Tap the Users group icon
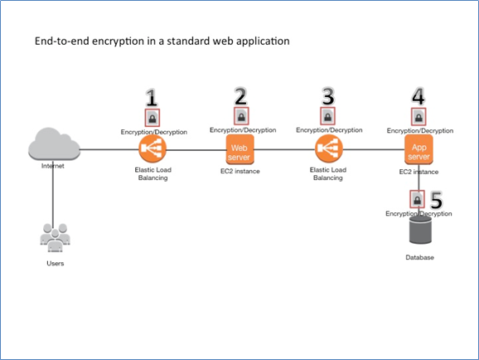tap(55, 238)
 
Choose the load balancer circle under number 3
tap(328, 149)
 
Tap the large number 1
tap(152, 99)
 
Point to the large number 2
tap(240, 95)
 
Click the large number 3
tap(328, 96)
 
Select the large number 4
tap(419, 96)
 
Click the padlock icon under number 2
tap(240, 116)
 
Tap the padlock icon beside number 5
tap(418, 200)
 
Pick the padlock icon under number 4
tap(419, 117)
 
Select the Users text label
tap(55, 263)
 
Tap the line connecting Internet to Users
tap(53, 195)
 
